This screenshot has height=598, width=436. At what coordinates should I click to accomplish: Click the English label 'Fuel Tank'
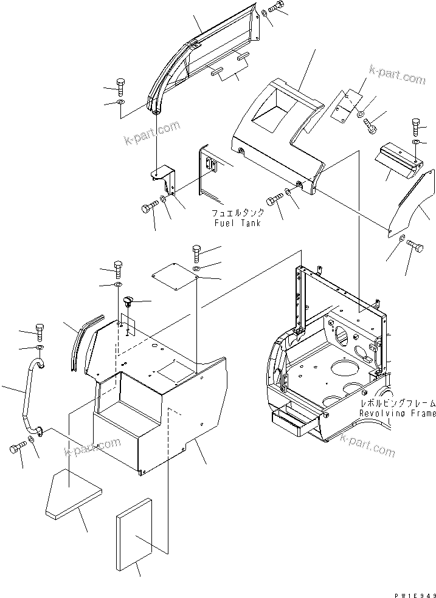pos(237,223)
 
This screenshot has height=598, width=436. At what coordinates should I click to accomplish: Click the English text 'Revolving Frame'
pos(397,413)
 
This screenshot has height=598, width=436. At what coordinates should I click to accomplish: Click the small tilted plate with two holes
pos(352,106)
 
